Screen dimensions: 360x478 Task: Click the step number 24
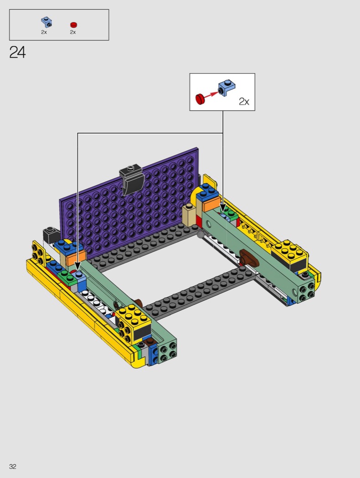point(17,52)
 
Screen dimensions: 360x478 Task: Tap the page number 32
point(12,466)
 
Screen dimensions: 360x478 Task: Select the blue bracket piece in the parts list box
point(46,22)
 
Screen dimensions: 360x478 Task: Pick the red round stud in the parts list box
point(73,25)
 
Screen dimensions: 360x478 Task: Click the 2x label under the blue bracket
point(44,32)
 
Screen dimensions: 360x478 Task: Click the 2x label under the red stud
point(73,32)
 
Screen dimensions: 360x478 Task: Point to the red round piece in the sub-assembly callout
point(200,98)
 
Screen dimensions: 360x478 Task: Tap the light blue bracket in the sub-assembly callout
point(227,86)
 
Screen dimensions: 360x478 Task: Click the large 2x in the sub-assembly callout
point(244,102)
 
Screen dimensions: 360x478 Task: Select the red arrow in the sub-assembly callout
point(211,94)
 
